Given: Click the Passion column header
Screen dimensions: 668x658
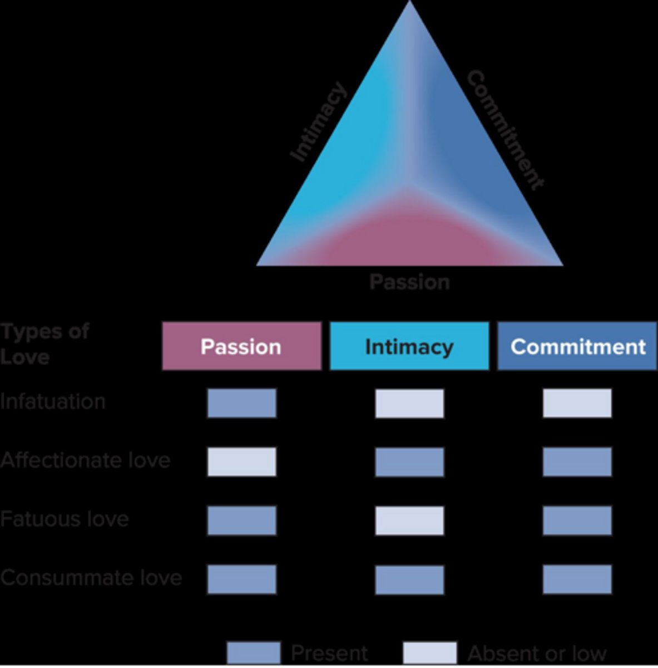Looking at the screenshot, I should [241, 346].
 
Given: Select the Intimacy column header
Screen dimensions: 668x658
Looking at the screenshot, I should [409, 346].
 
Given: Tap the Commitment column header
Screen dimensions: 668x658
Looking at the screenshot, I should [577, 346].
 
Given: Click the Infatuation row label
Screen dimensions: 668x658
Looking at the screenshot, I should [53, 401].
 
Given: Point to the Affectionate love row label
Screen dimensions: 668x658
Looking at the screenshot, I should [85, 460].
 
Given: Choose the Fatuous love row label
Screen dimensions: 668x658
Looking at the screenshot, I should [65, 519].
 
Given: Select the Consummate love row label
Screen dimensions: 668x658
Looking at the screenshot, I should [91, 578].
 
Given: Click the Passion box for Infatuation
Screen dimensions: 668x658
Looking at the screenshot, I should [242, 403].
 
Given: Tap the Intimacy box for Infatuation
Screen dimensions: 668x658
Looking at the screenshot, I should [409, 403].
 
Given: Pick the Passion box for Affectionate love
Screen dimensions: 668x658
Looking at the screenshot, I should [242, 462].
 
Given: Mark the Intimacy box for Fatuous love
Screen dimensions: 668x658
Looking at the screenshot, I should [409, 520].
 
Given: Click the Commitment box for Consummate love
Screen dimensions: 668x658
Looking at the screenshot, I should [577, 579].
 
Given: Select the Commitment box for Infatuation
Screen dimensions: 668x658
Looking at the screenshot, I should [577, 403].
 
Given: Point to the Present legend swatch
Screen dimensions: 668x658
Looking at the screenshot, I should [254, 652].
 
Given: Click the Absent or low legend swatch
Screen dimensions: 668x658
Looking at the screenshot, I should [429, 652].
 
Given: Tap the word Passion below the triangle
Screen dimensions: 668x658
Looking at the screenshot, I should [409, 282].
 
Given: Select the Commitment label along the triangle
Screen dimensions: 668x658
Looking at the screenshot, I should [504, 130].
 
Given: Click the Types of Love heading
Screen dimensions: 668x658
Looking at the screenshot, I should [44, 343].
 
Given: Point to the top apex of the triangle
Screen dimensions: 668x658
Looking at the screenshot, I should [410, 3].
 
